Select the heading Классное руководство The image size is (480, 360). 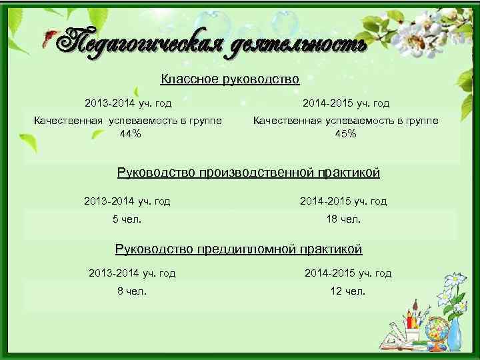(x=230, y=80)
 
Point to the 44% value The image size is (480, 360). (x=130, y=133)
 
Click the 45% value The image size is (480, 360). (x=345, y=133)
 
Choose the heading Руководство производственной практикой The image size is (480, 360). (x=249, y=173)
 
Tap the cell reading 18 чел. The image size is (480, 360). (x=343, y=219)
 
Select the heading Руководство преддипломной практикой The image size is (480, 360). (x=239, y=249)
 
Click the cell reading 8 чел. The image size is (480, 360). (x=132, y=291)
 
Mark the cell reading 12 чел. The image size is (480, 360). (x=348, y=291)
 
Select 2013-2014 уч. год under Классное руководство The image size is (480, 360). (x=128, y=103)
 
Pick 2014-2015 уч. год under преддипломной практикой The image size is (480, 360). (x=348, y=273)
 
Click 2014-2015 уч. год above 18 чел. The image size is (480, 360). (x=343, y=201)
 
